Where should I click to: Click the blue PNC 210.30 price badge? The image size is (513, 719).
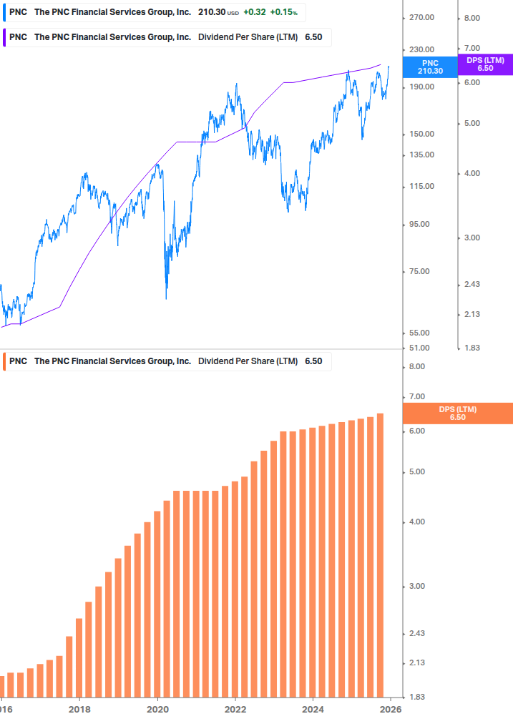pyautogui.click(x=430, y=67)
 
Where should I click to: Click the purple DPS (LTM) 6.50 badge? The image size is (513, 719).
pyautogui.click(x=485, y=64)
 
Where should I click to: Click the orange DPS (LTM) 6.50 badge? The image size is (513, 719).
pyautogui.click(x=458, y=413)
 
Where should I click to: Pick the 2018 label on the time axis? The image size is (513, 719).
pyautogui.click(x=79, y=710)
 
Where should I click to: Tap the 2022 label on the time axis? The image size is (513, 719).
pyautogui.click(x=235, y=710)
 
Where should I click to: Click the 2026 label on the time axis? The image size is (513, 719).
pyautogui.click(x=390, y=710)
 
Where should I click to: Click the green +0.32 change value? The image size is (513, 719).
pyautogui.click(x=255, y=12)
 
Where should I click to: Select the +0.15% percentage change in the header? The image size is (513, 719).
pyautogui.click(x=283, y=12)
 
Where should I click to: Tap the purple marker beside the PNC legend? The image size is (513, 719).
pyautogui.click(x=5, y=36)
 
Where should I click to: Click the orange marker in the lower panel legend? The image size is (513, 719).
pyautogui.click(x=5, y=361)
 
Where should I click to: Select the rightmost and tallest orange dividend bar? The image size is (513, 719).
pyautogui.click(x=380, y=554)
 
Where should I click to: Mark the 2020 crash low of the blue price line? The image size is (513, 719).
pyautogui.click(x=166, y=297)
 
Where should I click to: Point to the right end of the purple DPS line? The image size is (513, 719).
pyautogui.click(x=380, y=64)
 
